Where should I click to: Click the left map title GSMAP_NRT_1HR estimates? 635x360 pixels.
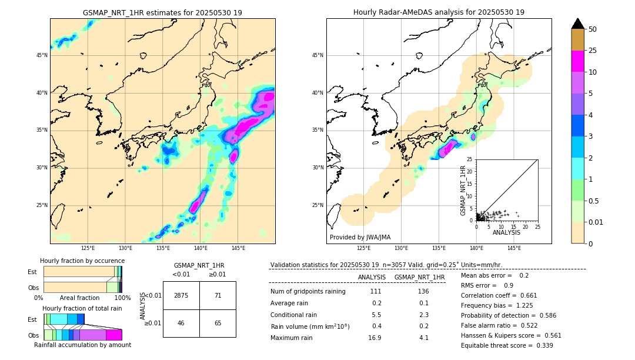[x=162, y=12]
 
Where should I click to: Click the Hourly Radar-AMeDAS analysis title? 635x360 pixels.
[x=439, y=12]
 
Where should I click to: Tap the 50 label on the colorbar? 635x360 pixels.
[x=593, y=29]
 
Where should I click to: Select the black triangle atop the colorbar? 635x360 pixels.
[x=578, y=24]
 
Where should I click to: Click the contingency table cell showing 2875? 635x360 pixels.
[x=181, y=295]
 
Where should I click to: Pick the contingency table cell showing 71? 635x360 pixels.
[x=218, y=295]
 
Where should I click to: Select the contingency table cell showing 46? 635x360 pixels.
[x=181, y=324]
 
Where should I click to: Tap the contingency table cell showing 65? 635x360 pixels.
[x=218, y=324]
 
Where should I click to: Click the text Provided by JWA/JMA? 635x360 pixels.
[x=360, y=238]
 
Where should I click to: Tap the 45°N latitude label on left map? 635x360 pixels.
[x=41, y=55]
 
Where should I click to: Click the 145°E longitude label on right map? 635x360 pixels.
[x=514, y=248]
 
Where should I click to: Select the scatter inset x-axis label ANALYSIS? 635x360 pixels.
[x=506, y=232]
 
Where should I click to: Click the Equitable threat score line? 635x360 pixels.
[x=507, y=345]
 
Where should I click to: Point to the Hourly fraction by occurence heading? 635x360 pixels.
[x=82, y=261]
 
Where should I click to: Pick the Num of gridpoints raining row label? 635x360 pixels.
[x=308, y=292]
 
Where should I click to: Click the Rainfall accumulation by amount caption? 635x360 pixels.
[x=82, y=345]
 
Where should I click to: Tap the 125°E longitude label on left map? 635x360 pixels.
[x=88, y=248]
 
